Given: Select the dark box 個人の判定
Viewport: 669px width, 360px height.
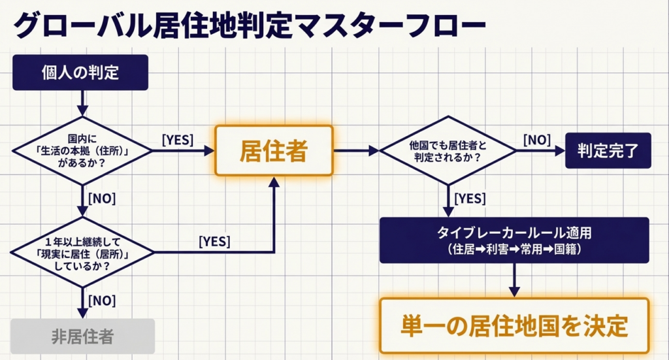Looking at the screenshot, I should [x=81, y=72].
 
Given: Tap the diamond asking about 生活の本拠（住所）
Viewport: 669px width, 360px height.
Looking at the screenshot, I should [x=82, y=151].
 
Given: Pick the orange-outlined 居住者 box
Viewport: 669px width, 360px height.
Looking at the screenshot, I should [x=274, y=150].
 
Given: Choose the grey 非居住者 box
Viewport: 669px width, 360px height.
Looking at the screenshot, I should [x=82, y=336].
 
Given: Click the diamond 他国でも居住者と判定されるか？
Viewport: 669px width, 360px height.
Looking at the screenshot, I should [x=448, y=151].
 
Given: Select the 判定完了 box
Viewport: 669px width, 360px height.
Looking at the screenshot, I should [x=608, y=150].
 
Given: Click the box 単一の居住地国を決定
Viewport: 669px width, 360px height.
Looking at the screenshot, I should [x=514, y=325].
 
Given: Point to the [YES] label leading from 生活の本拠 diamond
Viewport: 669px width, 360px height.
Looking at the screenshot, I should [x=177, y=139].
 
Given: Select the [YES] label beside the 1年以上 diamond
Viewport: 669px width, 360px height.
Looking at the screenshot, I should [x=214, y=241].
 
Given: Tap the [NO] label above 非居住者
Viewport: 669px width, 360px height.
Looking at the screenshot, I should [x=101, y=301].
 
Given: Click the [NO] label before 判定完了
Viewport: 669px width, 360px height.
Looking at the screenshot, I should [x=536, y=139].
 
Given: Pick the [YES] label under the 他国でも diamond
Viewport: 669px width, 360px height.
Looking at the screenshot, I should [x=468, y=197].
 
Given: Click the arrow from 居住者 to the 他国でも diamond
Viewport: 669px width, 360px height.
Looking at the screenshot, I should [x=357, y=151].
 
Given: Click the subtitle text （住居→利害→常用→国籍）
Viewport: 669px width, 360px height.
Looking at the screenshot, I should [x=514, y=249].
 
